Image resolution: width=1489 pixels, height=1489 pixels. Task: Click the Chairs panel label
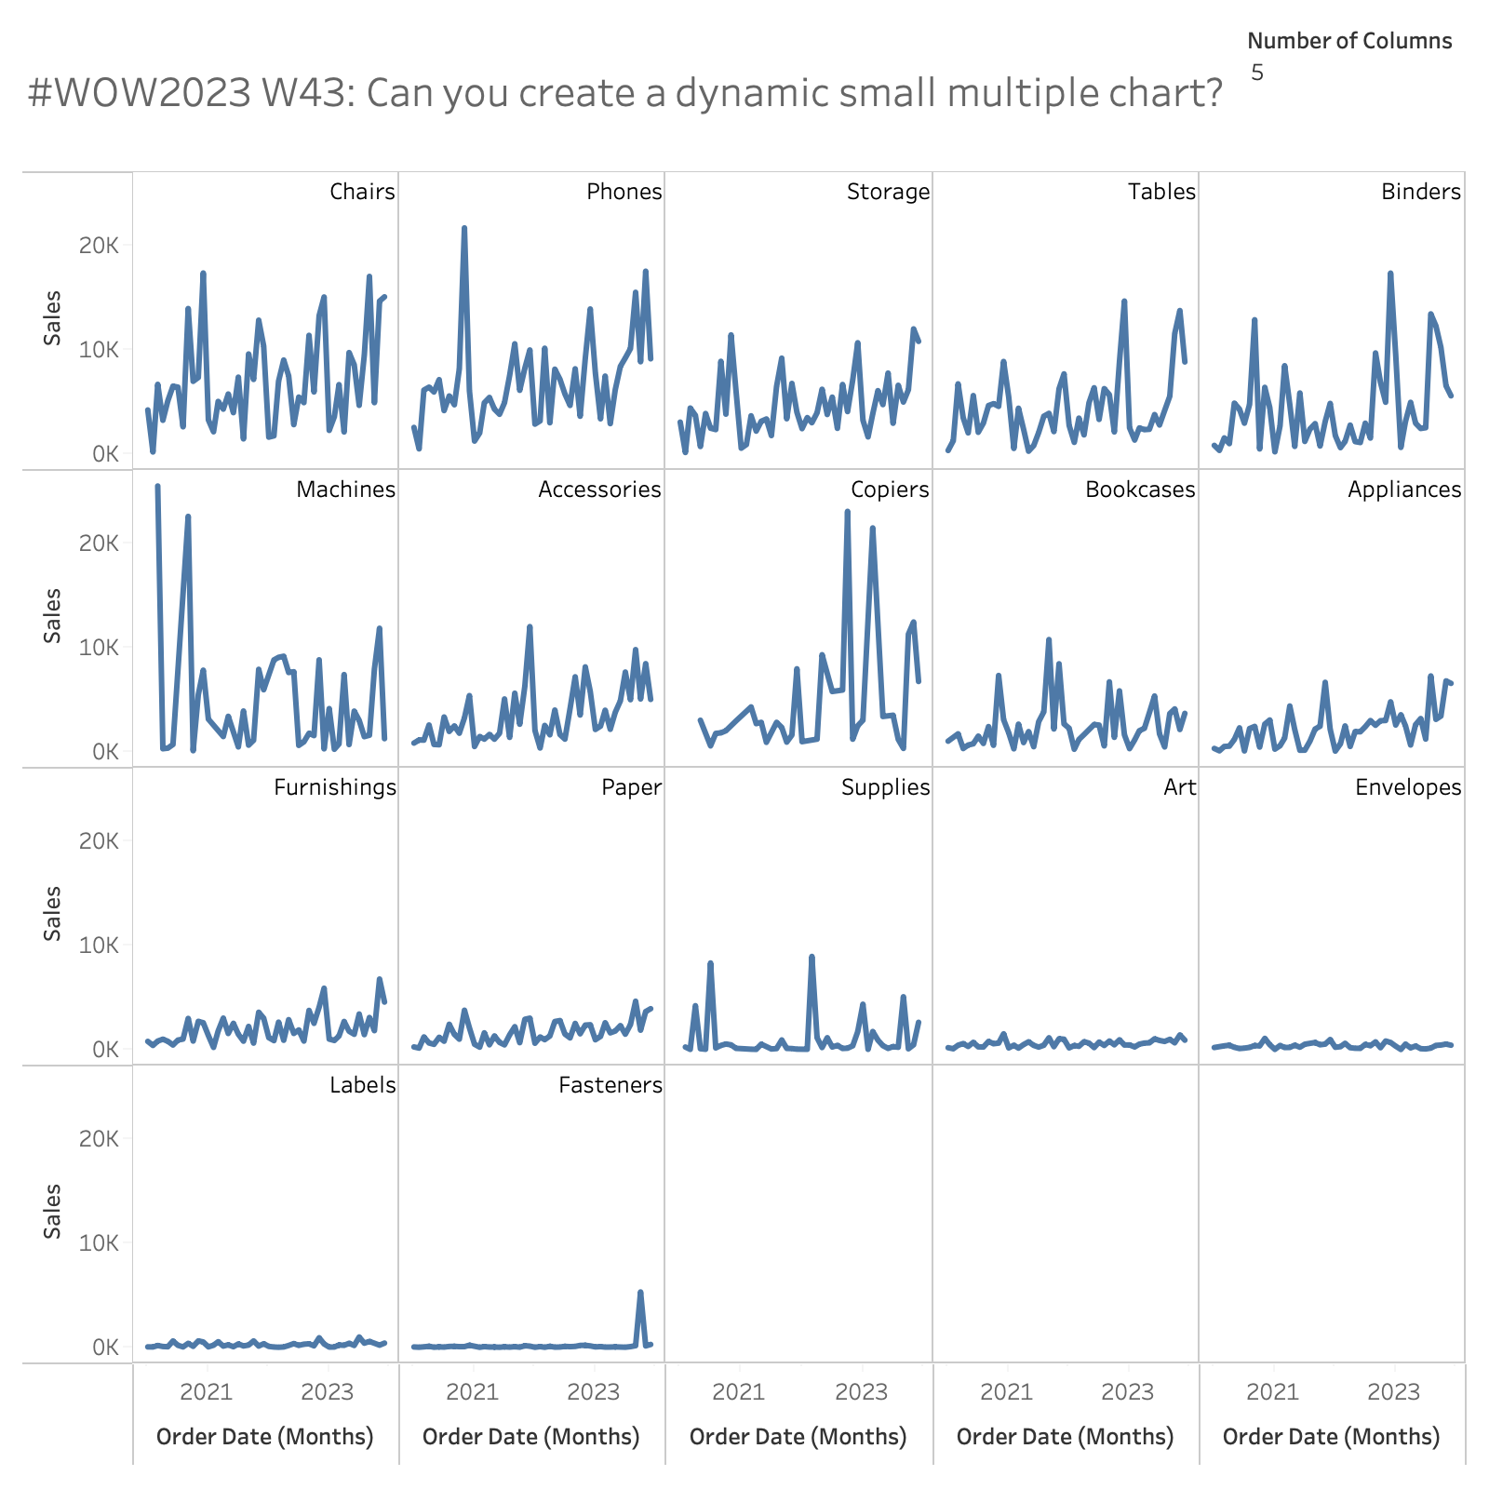[362, 192]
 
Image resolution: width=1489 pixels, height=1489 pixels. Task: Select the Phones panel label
[624, 192]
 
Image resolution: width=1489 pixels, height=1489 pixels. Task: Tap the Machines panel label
[345, 490]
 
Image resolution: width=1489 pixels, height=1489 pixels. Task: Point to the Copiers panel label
[890, 490]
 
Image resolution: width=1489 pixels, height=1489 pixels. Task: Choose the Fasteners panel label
[610, 1085]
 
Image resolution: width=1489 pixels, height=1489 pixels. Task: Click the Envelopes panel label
[1408, 787]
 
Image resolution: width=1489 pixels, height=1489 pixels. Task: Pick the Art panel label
[1179, 787]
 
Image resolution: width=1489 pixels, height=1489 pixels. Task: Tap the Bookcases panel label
[1140, 490]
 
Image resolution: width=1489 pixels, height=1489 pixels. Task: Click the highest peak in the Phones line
[463, 228]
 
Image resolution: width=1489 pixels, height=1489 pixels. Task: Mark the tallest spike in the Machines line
[157, 486]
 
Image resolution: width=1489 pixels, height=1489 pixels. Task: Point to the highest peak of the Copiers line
[847, 511]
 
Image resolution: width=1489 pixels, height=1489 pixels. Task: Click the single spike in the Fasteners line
[640, 1292]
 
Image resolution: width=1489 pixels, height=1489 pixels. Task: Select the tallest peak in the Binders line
[1389, 274]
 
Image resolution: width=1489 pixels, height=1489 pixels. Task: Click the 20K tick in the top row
[99, 246]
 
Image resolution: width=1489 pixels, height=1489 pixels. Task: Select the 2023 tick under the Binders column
[1393, 1392]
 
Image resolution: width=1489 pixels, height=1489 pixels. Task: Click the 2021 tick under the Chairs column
[205, 1392]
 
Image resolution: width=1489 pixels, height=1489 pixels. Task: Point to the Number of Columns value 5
[1257, 73]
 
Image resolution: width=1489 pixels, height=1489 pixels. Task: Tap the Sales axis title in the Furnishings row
[53, 913]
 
